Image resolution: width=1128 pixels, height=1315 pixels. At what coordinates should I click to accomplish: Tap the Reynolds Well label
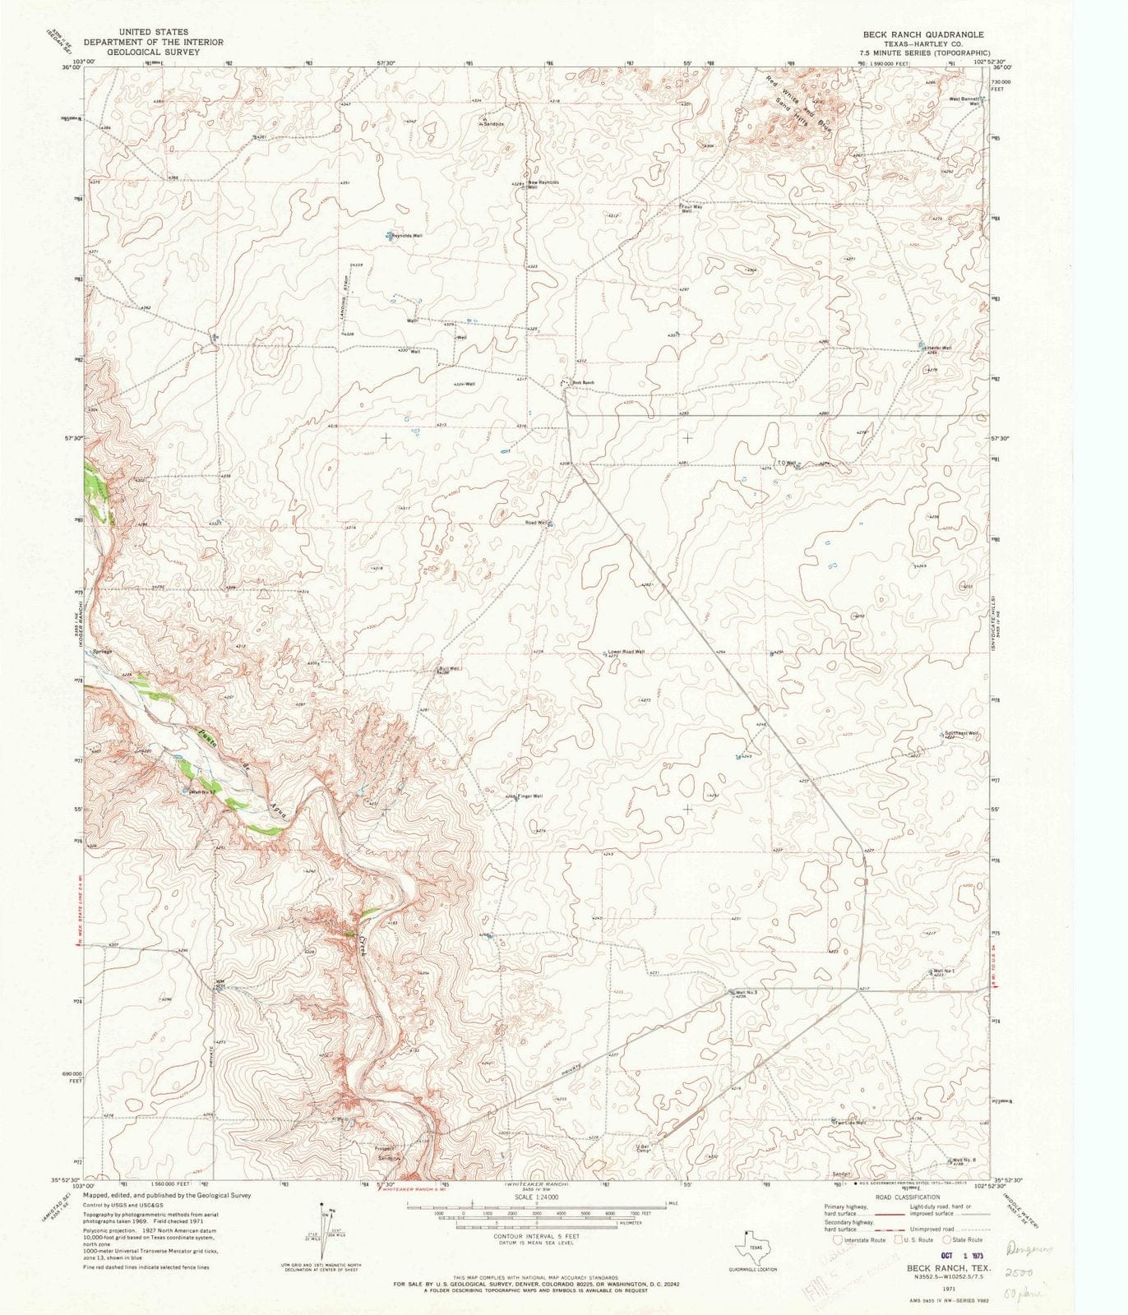[x=407, y=236]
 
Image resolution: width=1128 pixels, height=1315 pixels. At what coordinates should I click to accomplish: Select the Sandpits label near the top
[x=493, y=124]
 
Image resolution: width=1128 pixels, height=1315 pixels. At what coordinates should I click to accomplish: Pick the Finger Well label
[x=530, y=796]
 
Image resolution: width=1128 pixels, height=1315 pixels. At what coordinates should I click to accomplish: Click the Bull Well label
[x=449, y=668]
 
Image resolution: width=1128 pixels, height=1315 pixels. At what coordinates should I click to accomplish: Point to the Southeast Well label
[x=961, y=733]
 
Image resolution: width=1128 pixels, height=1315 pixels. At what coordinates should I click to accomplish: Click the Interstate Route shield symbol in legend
[x=838, y=1239]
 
